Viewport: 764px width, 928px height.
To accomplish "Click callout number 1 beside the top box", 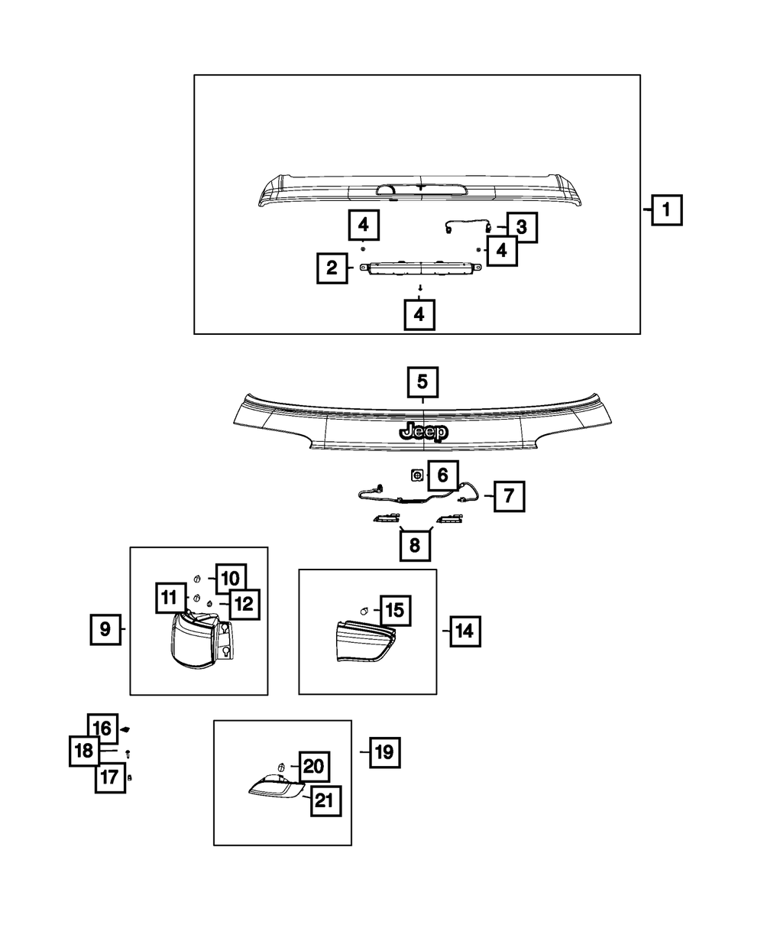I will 666,208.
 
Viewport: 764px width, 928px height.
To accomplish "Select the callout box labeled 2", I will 332,268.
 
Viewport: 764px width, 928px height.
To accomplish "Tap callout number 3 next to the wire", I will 521,226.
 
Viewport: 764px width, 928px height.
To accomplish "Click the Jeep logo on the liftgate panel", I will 422,432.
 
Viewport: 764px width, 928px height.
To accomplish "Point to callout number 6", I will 442,475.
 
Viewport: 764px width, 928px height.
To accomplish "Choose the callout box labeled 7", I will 509,497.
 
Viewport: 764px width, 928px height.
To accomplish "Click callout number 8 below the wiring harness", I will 415,544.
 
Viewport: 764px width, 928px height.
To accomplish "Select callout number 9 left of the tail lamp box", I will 105,630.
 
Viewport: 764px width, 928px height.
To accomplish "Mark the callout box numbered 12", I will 243,604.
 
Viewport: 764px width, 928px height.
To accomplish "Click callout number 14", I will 465,631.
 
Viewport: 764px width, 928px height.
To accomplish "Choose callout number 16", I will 103,728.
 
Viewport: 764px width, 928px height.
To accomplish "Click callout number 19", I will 384,753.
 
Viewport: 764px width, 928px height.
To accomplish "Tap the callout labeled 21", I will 325,801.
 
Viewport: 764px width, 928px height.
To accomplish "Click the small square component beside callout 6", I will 417,475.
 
